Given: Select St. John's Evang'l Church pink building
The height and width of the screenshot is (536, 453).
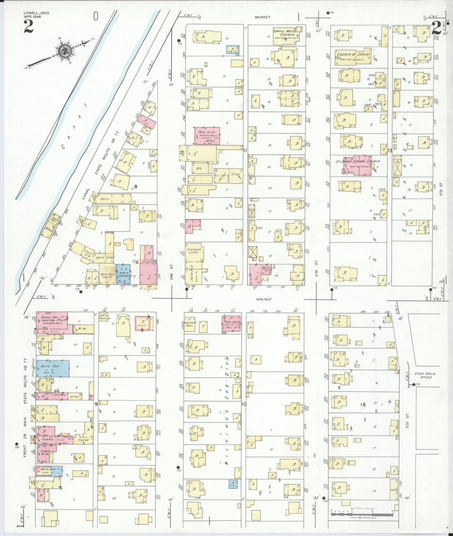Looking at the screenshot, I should tap(357, 165).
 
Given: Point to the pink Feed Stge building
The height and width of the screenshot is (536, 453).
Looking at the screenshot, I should tap(207, 135).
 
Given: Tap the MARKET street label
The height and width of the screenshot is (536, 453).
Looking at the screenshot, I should tap(262, 17).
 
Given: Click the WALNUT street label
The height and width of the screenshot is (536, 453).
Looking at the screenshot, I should tap(264, 299).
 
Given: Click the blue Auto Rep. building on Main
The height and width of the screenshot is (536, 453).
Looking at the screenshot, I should tap(52, 368).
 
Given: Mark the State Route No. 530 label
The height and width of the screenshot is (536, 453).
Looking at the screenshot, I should tap(425, 376).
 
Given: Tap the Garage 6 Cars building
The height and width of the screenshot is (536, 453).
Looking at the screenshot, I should tap(194, 251).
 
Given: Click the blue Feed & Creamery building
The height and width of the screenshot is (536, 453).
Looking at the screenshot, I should tap(124, 274).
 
